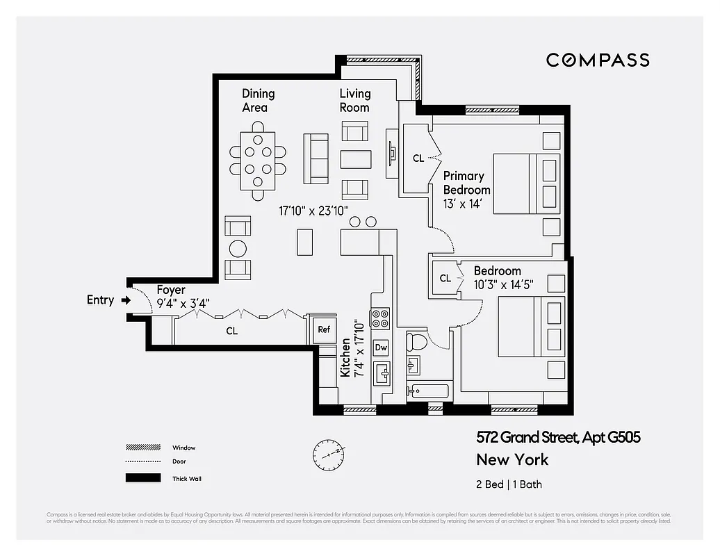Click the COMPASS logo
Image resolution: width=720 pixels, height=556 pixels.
(x=598, y=60)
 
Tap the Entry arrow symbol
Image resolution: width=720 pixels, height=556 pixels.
(x=126, y=300)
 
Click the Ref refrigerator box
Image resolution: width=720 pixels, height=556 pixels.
(x=324, y=329)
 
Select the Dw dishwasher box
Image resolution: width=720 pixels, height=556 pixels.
(x=381, y=347)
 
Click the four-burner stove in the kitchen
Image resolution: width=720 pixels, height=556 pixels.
(x=381, y=319)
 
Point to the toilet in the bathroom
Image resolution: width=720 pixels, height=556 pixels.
(x=418, y=340)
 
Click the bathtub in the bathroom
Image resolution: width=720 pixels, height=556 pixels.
(x=427, y=391)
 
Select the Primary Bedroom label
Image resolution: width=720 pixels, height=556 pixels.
(x=466, y=183)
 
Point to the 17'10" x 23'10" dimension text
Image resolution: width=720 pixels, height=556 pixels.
(x=313, y=209)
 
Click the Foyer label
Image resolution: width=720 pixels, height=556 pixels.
(x=171, y=290)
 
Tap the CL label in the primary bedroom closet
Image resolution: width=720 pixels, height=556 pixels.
(x=418, y=158)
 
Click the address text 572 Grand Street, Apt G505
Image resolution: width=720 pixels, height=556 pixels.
(x=558, y=437)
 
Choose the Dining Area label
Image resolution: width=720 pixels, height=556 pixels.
(x=259, y=100)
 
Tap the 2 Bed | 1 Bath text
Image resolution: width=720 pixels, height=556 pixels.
(x=509, y=484)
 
